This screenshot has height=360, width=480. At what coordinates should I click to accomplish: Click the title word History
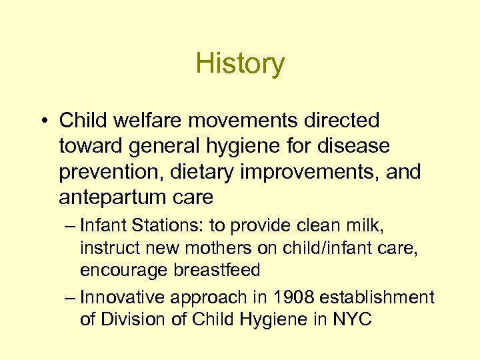(240, 64)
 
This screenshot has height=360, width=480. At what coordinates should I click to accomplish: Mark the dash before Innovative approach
(71, 297)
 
